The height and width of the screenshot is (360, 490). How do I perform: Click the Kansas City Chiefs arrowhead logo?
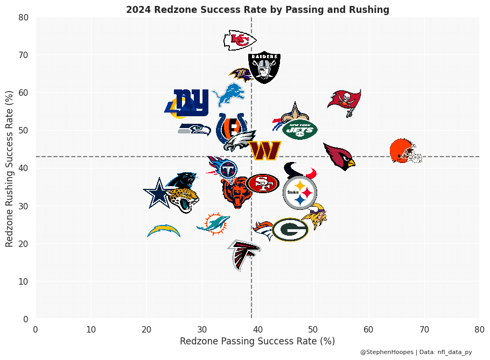click(x=240, y=40)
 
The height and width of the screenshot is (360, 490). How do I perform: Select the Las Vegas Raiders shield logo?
click(x=264, y=68)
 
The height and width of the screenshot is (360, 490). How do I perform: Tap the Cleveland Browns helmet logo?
click(x=405, y=151)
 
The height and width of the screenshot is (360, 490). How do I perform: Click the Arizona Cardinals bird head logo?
click(x=340, y=156)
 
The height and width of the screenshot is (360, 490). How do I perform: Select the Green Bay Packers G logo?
click(x=290, y=230)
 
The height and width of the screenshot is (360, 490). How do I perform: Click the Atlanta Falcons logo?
click(x=244, y=253)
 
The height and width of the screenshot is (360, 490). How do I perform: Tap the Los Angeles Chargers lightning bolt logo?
click(x=164, y=231)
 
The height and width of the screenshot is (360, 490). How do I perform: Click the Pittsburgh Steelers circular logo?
click(x=299, y=193)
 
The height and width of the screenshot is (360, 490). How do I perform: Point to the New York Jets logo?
click(x=299, y=129)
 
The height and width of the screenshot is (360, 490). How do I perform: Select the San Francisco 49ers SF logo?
click(x=263, y=183)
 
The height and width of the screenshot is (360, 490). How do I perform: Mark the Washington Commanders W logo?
click(x=265, y=151)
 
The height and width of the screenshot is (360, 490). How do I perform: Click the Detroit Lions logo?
click(x=229, y=94)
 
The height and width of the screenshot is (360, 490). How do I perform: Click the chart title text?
click(x=257, y=10)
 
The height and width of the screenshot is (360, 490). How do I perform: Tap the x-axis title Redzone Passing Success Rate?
click(x=257, y=341)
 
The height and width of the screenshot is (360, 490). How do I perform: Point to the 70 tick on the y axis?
click(x=24, y=55)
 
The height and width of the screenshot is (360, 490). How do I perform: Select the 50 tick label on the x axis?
click(x=313, y=329)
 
